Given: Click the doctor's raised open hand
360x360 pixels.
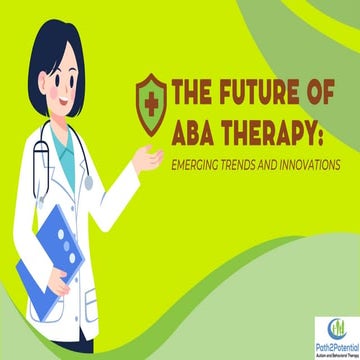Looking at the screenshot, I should [150, 157].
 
